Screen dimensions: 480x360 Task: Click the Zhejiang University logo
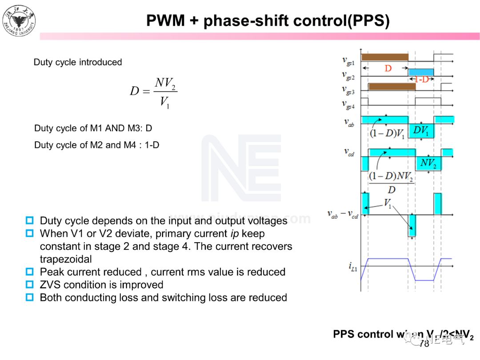click(19, 20)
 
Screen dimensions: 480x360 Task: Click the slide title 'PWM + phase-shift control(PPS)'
click(268, 20)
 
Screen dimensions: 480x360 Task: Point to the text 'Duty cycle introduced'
click(78, 62)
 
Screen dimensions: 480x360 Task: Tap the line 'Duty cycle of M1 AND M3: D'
click(93, 128)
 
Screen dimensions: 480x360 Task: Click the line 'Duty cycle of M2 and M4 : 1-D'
click(96, 145)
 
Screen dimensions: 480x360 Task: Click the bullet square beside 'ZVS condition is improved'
click(30, 284)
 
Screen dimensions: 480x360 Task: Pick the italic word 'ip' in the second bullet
click(235, 233)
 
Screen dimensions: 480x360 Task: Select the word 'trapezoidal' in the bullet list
click(66, 259)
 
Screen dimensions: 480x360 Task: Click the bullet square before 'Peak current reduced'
click(30, 272)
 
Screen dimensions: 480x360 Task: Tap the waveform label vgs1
click(348, 60)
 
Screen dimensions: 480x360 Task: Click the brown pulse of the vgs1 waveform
click(384, 57)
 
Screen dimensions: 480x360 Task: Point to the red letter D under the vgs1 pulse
click(388, 68)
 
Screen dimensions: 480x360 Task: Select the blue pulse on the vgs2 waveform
click(420, 72)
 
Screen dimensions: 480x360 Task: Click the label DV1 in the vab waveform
click(420, 131)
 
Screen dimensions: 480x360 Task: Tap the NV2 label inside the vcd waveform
click(428, 164)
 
